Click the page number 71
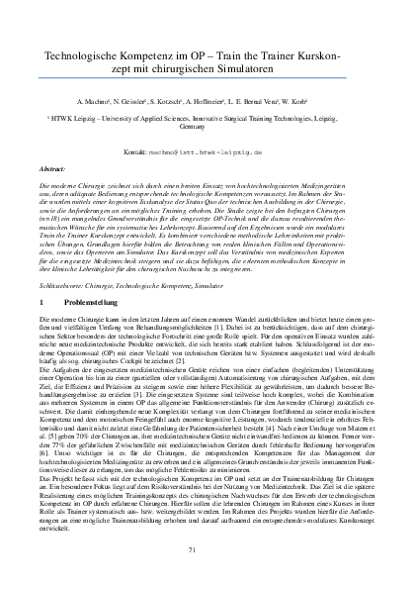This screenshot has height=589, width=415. click(207, 547)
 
